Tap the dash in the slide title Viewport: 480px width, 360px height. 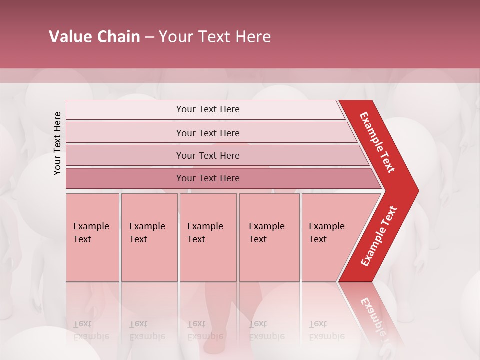tap(149, 37)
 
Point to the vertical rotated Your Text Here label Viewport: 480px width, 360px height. tap(57, 143)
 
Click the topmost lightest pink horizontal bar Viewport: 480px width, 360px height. tap(207, 109)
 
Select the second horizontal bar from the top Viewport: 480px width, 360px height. tap(207, 133)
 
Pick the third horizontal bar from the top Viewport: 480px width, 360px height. tap(207, 155)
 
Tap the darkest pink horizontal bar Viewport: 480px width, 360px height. tap(207, 178)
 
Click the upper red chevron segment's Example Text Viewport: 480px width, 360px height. tap(377, 142)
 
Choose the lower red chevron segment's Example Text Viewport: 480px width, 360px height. tap(379, 236)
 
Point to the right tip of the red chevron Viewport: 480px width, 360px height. tap(417, 190)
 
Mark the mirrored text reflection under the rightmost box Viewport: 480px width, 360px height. tap(326, 330)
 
